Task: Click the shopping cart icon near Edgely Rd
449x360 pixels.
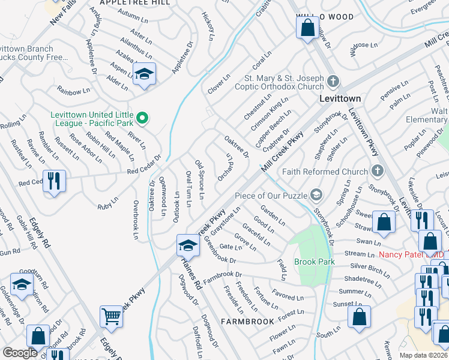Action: [x=112, y=316]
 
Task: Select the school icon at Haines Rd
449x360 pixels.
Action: [x=188, y=246]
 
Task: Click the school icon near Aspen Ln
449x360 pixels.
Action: [x=144, y=74]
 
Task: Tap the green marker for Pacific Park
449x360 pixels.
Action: [x=142, y=118]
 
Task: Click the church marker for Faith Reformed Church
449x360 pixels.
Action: [x=376, y=172]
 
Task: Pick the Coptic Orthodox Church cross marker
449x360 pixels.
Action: [x=333, y=80]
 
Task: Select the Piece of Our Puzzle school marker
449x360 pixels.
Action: [x=316, y=195]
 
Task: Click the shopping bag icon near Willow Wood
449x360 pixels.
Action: [x=307, y=28]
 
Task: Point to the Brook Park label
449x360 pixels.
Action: [x=314, y=262]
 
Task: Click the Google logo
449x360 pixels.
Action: [x=20, y=352]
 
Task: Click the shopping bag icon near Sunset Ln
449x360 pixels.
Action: [x=358, y=317]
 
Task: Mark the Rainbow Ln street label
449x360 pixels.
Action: [x=73, y=91]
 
